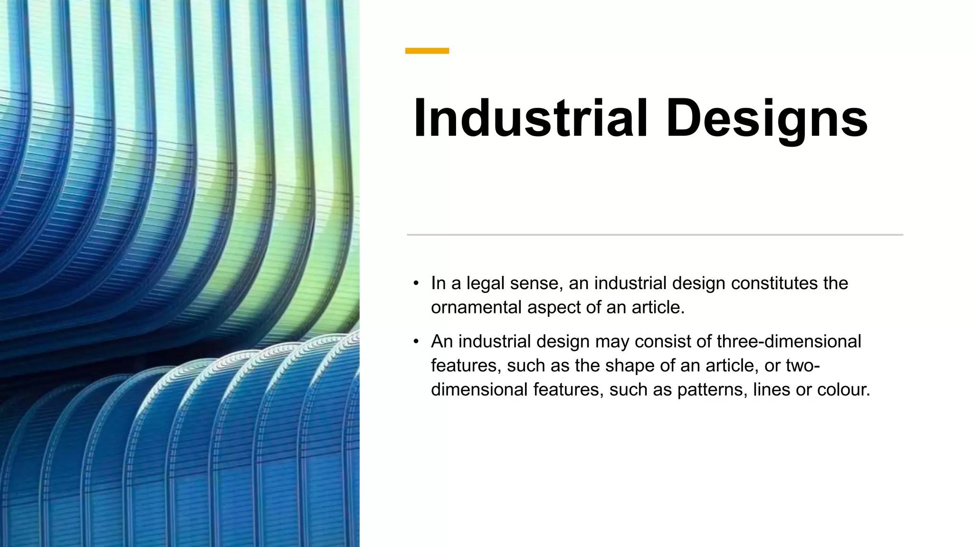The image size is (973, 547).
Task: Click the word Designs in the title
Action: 767,119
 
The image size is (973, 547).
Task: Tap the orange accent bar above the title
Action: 427,51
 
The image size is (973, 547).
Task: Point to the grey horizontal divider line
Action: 655,235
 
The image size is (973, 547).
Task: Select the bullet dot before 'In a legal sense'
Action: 416,283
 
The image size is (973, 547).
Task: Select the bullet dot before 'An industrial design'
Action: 416,342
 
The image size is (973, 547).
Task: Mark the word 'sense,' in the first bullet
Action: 536,283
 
